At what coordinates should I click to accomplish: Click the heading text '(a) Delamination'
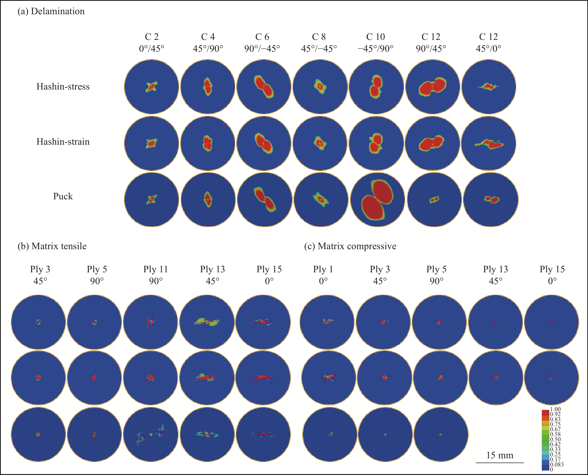[x=51, y=11]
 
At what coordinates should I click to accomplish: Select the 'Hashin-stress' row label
[x=63, y=86]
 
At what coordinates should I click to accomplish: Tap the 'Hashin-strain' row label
[x=63, y=141]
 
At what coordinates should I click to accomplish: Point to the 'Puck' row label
[x=63, y=196]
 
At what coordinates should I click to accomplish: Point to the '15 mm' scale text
[x=499, y=455]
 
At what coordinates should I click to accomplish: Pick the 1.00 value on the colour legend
[x=555, y=409]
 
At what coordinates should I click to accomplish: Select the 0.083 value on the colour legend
[x=557, y=464]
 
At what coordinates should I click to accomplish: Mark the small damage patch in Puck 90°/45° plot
[x=434, y=200]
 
